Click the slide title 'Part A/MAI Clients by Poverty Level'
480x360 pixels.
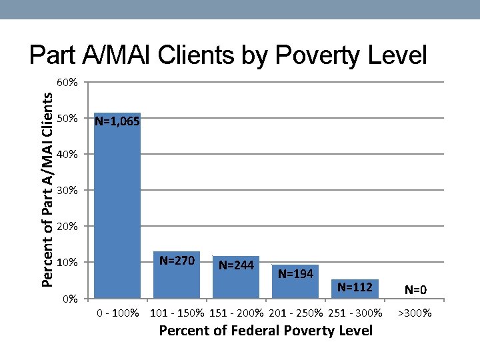pyautogui.click(x=228, y=56)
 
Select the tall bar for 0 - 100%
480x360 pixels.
pyautogui.click(x=117, y=213)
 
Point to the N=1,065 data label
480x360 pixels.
pyautogui.click(x=117, y=121)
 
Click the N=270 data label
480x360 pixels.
pyautogui.click(x=177, y=260)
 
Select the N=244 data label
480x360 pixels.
pyautogui.click(x=236, y=265)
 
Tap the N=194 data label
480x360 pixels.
pyautogui.click(x=295, y=273)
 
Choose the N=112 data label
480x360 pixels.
pyautogui.click(x=355, y=287)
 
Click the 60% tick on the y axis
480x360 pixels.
pyautogui.click(x=67, y=83)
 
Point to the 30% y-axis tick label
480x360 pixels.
pyautogui.click(x=67, y=191)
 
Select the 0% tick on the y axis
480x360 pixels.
pyautogui.click(x=70, y=298)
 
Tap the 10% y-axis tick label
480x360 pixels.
pyautogui.click(x=67, y=262)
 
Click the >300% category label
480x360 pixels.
pyautogui.click(x=415, y=313)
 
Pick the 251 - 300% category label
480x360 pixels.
pyautogui.click(x=355, y=313)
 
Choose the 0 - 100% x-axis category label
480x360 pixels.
pyautogui.click(x=117, y=313)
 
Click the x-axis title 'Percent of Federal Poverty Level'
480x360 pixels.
pyautogui.click(x=265, y=331)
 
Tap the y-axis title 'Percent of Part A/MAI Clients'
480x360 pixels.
pyautogui.click(x=47, y=189)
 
